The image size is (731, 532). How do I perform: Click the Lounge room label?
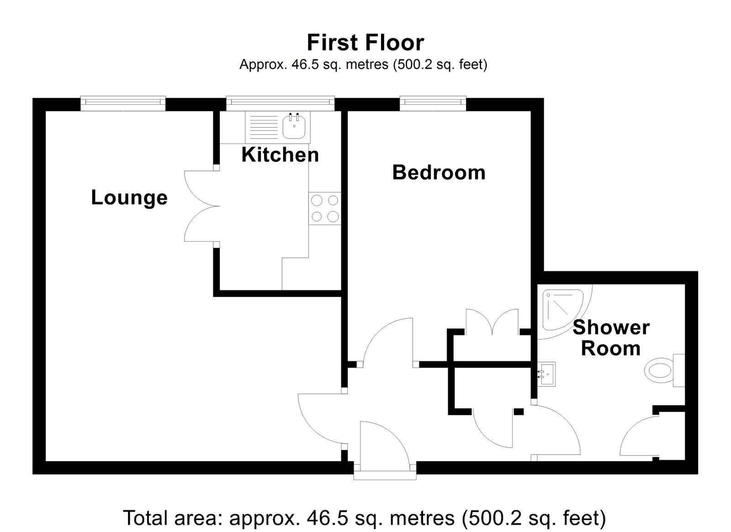pyautogui.click(x=129, y=198)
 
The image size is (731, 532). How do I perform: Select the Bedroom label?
pyautogui.click(x=439, y=172)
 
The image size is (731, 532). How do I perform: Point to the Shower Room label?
pyautogui.click(x=611, y=338)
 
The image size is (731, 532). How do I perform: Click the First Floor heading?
pyautogui.click(x=365, y=43)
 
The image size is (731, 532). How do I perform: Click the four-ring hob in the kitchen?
pyautogui.click(x=325, y=208)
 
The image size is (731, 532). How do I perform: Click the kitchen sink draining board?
pyautogui.click(x=264, y=126)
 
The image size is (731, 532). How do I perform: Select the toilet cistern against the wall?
pyautogui.click(x=679, y=371)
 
